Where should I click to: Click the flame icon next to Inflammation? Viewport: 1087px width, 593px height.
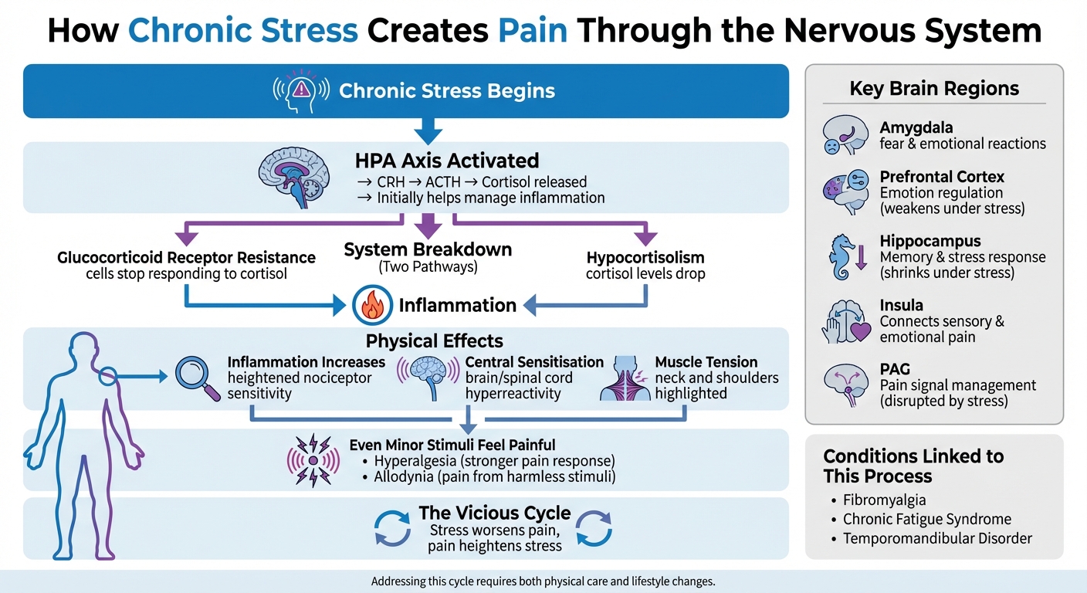[x=371, y=305]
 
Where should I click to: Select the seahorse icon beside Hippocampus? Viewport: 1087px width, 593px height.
[x=845, y=258]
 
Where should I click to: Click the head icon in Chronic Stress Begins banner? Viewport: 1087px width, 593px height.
[x=302, y=90]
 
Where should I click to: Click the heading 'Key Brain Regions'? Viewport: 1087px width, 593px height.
[x=934, y=88]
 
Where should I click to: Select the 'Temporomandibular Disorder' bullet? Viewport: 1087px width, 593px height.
[x=937, y=538]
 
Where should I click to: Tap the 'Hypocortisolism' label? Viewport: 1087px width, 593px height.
[x=645, y=257]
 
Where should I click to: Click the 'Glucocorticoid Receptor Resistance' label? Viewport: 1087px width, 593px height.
[x=186, y=257]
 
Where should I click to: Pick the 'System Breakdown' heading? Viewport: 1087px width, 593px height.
[x=428, y=250]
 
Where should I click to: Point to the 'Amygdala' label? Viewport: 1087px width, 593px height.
[x=916, y=127]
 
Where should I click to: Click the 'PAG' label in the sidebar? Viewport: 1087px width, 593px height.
[x=894, y=368]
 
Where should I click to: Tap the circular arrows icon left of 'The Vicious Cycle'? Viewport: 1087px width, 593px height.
[x=392, y=529]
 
